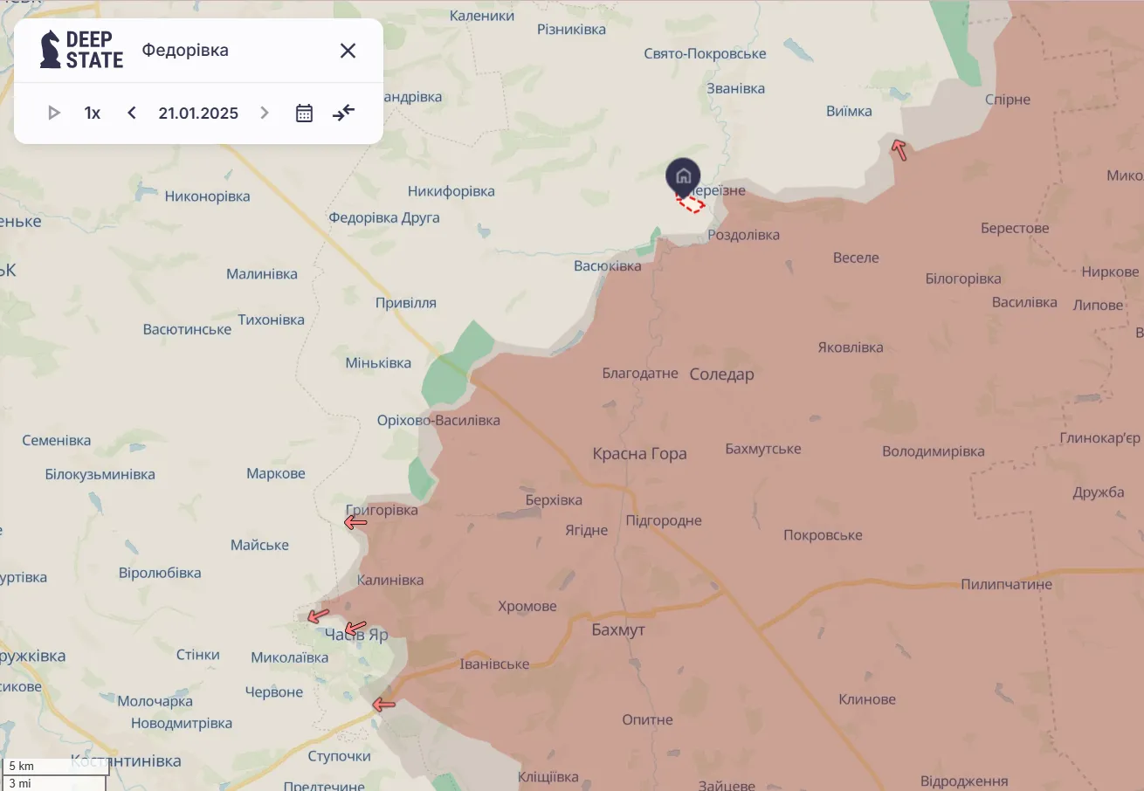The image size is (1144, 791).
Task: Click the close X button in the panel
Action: (x=348, y=51)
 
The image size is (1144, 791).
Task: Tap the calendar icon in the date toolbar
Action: (x=304, y=113)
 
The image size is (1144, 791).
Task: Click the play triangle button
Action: (x=54, y=113)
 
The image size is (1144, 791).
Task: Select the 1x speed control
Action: (x=93, y=113)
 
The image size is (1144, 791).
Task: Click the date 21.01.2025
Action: (x=198, y=113)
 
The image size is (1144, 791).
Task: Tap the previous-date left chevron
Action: (x=132, y=113)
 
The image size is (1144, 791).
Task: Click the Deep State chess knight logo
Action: (x=51, y=50)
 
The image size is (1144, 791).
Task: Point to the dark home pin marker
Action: (x=683, y=176)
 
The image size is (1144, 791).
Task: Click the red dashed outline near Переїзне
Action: (x=691, y=204)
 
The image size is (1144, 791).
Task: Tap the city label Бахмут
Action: (x=617, y=629)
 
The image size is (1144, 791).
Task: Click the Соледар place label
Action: (x=721, y=375)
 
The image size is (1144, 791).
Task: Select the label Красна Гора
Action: (x=639, y=454)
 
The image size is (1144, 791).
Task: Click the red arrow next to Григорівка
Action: (x=355, y=523)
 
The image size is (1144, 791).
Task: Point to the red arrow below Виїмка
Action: (x=899, y=150)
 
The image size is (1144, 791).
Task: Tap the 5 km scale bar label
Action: (x=22, y=766)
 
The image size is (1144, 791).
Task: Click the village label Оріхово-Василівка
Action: (x=438, y=421)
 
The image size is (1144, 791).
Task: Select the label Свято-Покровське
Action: (x=705, y=54)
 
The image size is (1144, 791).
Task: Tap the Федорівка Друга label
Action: (x=383, y=217)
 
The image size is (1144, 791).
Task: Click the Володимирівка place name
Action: (x=933, y=452)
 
